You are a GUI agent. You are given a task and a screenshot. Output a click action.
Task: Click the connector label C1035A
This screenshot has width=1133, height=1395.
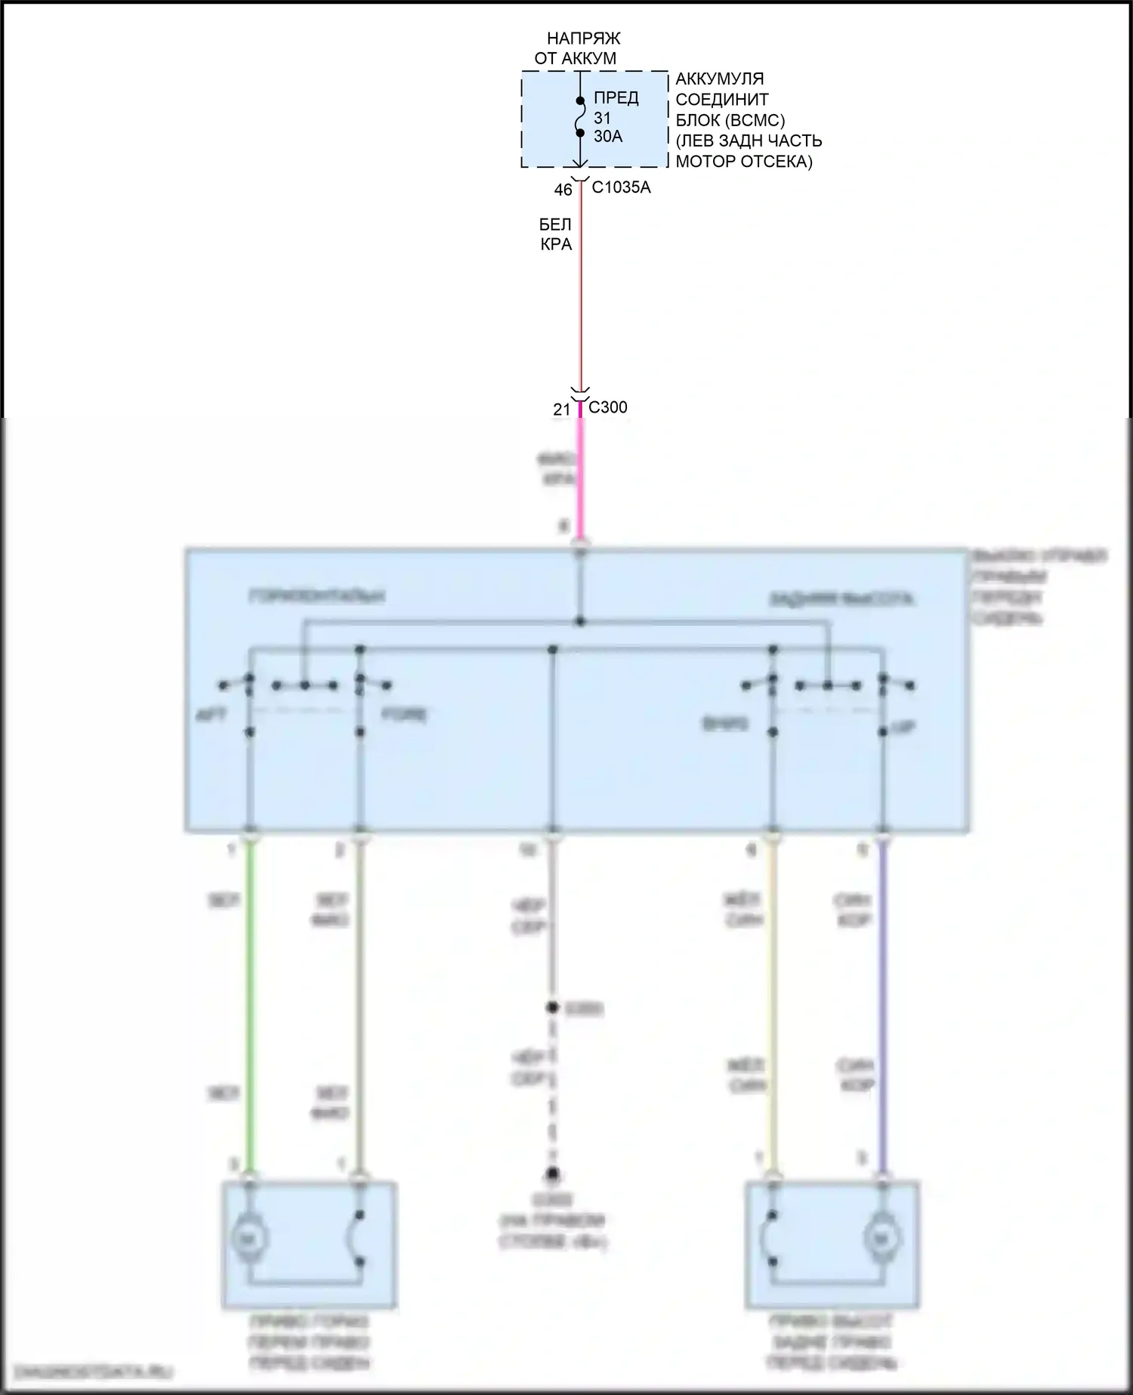621,187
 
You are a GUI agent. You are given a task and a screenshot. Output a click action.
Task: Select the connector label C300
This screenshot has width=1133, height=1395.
607,407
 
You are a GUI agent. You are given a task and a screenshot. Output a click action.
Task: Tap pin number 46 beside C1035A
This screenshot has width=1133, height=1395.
563,190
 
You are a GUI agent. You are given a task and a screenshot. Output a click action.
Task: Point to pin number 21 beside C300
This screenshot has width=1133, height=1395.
561,410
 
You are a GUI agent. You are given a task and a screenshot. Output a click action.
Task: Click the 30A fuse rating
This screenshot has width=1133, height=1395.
608,137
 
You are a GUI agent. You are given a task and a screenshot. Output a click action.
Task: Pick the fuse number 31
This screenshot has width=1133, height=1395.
602,118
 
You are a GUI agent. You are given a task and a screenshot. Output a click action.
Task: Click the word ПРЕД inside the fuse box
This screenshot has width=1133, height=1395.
616,97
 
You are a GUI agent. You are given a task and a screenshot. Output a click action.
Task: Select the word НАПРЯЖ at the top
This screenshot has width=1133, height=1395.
583,39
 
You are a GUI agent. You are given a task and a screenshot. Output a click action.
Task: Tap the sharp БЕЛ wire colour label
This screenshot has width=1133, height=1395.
555,224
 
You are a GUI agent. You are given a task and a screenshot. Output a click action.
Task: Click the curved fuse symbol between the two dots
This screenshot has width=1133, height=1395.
580,117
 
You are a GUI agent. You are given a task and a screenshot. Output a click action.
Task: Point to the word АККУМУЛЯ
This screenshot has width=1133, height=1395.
719,79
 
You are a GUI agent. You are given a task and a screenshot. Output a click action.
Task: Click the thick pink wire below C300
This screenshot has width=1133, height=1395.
580,476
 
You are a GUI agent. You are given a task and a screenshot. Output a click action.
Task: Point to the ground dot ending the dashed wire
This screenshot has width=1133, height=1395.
553,1174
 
